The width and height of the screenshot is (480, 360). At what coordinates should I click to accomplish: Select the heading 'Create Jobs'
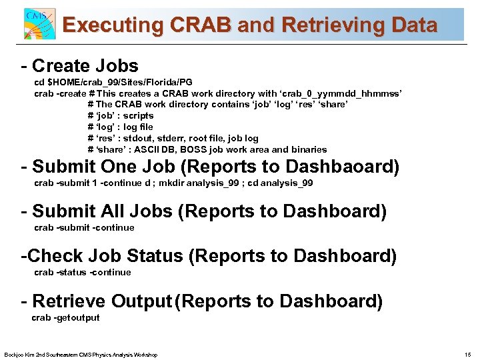[85, 66]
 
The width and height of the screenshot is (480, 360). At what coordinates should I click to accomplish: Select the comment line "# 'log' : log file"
[121, 127]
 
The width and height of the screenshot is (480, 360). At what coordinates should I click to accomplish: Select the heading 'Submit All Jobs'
[102, 211]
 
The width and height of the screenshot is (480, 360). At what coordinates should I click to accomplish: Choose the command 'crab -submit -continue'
[84, 228]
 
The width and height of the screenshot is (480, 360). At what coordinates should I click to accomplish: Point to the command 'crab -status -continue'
[83, 272]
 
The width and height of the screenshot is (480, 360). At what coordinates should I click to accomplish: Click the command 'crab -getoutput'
[65, 317]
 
